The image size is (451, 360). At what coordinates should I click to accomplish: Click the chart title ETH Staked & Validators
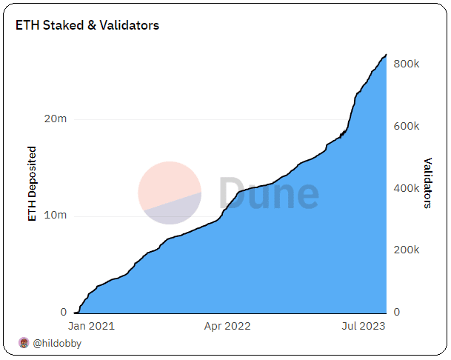pos(87,25)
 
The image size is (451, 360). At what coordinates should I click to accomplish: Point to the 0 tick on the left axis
pos(63,313)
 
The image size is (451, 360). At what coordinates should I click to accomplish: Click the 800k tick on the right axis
pos(407,64)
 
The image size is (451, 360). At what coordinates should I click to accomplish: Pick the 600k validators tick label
pos(407,126)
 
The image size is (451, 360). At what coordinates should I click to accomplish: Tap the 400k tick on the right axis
pos(407,188)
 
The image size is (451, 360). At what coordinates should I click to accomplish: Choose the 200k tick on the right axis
pos(407,250)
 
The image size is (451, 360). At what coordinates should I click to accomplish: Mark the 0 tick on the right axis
pos(397,313)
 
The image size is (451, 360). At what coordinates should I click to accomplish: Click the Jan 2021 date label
pos(91,325)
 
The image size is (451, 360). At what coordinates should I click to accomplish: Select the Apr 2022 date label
pos(227,325)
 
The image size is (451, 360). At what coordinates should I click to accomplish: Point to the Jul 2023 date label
pos(363,325)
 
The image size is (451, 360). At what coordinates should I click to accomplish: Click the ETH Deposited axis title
pos(32,184)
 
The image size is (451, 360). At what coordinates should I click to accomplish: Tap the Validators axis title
pos(427,183)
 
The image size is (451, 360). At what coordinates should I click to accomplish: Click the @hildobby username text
pos(57,343)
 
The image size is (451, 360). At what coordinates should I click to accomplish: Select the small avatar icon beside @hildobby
pos(23,343)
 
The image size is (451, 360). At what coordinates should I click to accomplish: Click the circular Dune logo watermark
pos(170,193)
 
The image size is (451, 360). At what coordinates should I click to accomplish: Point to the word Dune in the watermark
pos(269,193)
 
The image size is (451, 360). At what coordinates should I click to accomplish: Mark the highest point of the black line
pos(386,55)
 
